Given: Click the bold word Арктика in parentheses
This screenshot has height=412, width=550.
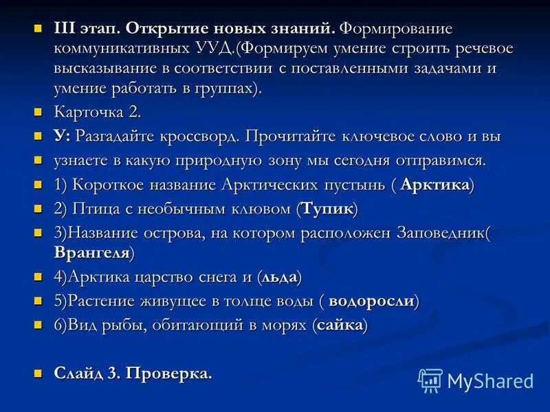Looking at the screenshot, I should (x=434, y=185).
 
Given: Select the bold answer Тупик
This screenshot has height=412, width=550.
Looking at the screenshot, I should (x=327, y=208).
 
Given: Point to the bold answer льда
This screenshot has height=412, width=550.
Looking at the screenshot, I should (x=279, y=278).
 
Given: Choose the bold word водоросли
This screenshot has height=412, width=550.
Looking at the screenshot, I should (x=371, y=301).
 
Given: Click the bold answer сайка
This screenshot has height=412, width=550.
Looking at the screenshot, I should (x=339, y=325).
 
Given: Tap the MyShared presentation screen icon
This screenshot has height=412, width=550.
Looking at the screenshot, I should (x=430, y=380).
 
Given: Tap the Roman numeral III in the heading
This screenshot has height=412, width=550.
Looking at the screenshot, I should (x=67, y=30).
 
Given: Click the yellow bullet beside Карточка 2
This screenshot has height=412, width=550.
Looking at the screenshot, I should (x=38, y=112).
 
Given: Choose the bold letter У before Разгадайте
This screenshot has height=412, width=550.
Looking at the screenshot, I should (x=59, y=135).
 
